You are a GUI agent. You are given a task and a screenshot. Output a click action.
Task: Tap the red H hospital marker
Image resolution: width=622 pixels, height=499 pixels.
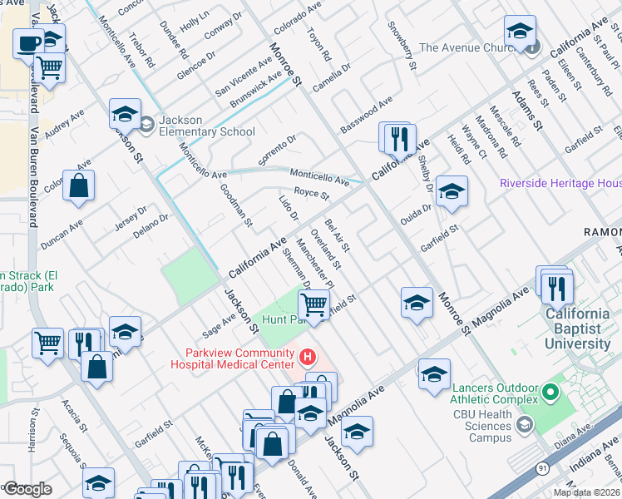(x=308, y=358)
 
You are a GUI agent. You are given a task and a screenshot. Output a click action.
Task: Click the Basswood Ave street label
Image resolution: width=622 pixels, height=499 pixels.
(x=366, y=117)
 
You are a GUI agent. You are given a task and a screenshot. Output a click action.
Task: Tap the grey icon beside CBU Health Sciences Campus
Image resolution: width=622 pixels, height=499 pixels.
(x=524, y=426)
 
